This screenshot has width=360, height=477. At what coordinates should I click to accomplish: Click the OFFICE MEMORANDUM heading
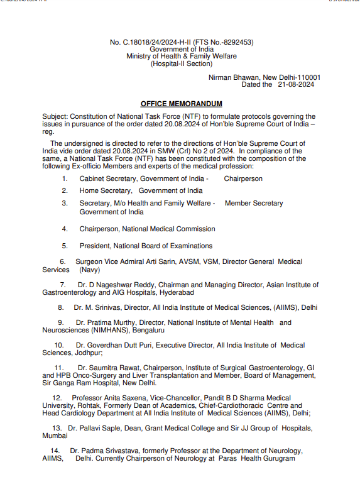[x=181, y=104]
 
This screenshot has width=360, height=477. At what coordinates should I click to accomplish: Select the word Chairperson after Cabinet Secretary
[x=243, y=178]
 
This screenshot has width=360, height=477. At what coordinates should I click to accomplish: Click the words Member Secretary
[x=254, y=203]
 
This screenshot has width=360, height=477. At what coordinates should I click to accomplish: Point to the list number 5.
[x=64, y=246]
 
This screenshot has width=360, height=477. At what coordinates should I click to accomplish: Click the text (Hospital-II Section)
[x=182, y=63]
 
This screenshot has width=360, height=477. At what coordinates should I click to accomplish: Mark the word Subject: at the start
[x=55, y=117]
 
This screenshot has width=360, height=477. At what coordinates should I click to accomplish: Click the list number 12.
[x=57, y=398]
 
